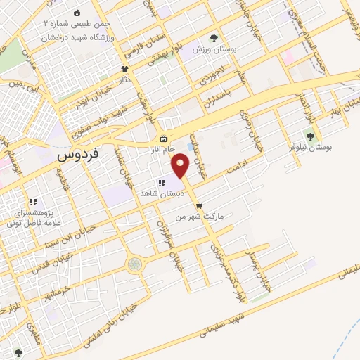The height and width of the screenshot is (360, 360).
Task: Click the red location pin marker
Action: pos(181,165)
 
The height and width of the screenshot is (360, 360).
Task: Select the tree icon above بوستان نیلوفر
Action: pos(309,136)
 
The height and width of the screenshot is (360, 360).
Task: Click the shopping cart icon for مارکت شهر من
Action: pos(200,206)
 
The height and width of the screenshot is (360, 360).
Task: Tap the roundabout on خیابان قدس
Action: pos(134,264)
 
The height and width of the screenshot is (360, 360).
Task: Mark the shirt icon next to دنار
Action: pos(125,70)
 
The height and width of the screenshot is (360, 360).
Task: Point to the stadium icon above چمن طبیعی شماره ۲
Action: pos(77,13)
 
